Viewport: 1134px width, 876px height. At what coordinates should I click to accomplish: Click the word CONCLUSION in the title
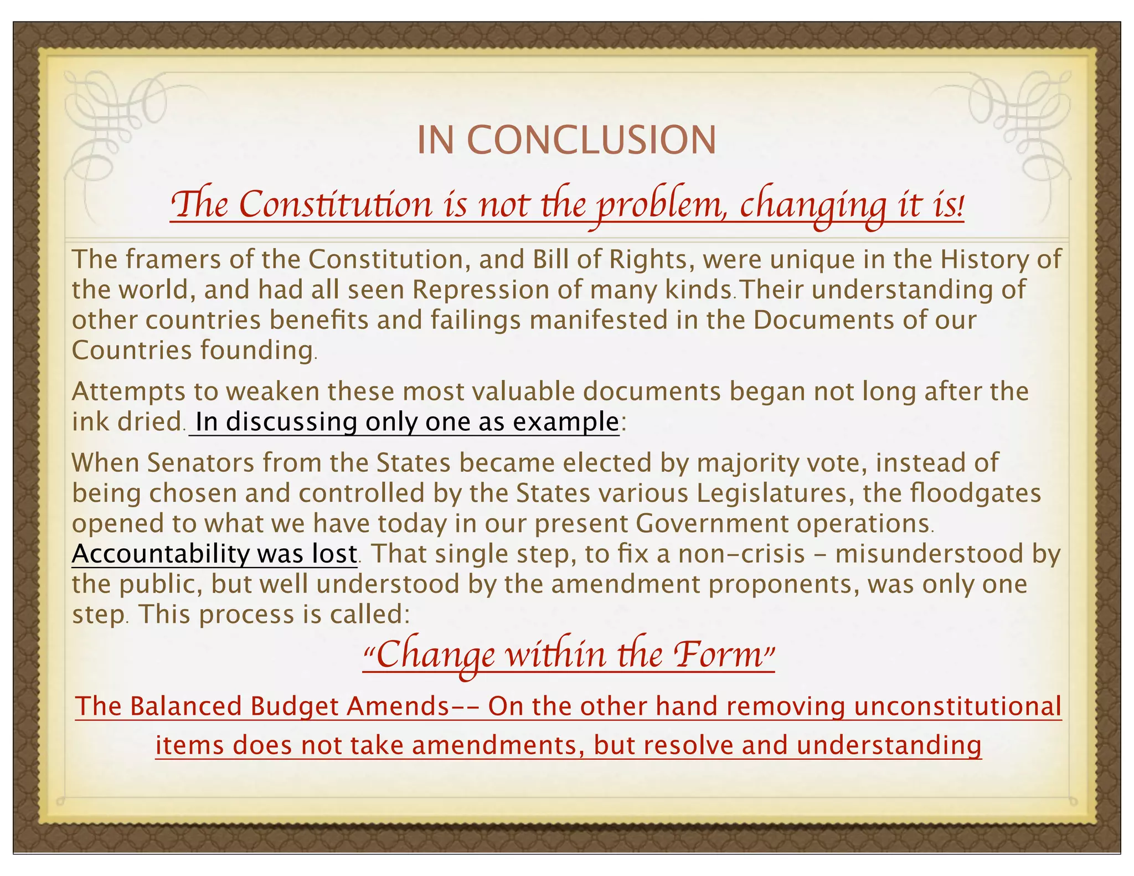point(592,140)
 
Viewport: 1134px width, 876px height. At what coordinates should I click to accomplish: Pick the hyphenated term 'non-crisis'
point(742,554)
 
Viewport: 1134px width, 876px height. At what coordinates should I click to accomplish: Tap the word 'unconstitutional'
point(958,707)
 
